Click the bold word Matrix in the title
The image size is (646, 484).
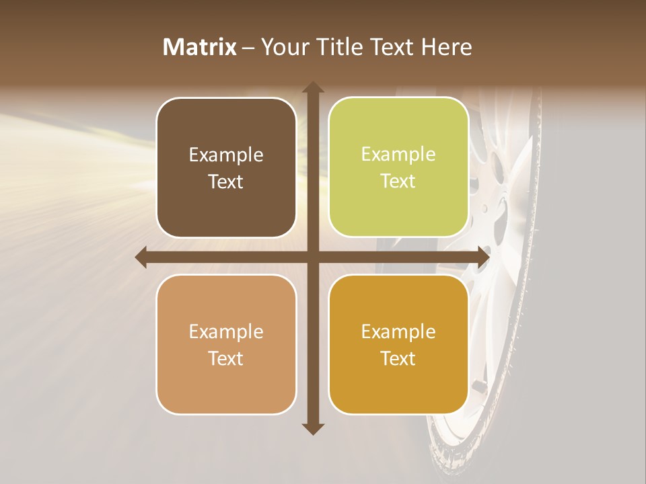[200, 47]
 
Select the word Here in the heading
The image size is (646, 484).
[447, 47]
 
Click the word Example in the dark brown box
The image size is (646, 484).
[226, 155]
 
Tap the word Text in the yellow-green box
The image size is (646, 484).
[398, 181]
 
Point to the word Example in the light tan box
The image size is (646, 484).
[226, 332]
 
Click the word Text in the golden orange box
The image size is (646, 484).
[398, 358]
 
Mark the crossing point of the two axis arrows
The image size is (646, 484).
[312, 257]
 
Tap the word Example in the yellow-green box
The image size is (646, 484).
[398, 155]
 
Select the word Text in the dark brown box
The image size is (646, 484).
[226, 182]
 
